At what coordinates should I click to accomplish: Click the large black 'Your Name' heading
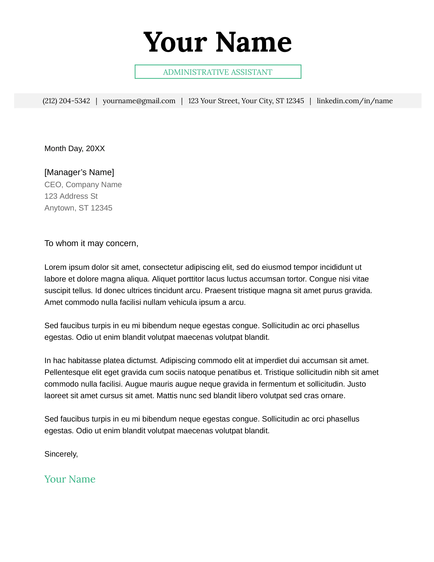(218, 42)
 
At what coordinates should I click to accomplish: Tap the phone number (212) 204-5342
(66, 101)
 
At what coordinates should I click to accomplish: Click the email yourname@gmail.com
(139, 101)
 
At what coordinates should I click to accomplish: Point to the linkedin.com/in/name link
(355, 101)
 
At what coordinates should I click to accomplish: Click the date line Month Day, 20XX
(75, 149)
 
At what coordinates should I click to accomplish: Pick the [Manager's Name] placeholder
(79, 172)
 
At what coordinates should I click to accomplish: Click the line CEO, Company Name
(83, 184)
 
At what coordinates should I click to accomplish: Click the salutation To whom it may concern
(91, 243)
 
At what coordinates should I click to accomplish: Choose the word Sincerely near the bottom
(61, 454)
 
